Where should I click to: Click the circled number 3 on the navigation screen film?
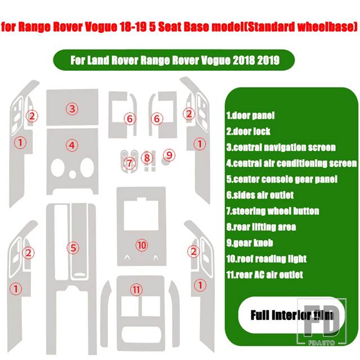tap(72, 109)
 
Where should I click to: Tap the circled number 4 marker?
tap(72, 146)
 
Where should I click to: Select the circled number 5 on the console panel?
tap(73, 248)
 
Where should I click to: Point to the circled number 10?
tap(142, 245)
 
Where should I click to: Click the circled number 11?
tap(136, 290)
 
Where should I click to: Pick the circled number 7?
tap(129, 163)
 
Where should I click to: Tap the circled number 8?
tap(147, 158)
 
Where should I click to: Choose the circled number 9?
tap(169, 155)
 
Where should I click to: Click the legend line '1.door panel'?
tap(250, 115)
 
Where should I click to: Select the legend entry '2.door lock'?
tap(248, 131)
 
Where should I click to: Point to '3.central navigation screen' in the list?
tap(281, 147)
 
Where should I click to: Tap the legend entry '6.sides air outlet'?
tap(260, 195)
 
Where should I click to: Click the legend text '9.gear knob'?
tap(250, 243)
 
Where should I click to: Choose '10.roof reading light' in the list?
tap(266, 259)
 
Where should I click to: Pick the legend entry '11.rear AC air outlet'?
tap(264, 275)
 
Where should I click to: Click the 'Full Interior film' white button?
tap(291, 315)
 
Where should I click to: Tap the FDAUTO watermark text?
tap(321, 343)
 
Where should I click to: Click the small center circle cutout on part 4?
tap(73, 174)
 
